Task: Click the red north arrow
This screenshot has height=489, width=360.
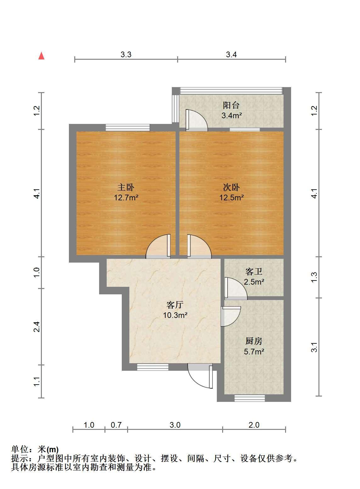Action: click(x=41, y=56)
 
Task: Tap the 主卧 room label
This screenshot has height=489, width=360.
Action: click(x=126, y=187)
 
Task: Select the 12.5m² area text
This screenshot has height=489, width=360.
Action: click(x=232, y=197)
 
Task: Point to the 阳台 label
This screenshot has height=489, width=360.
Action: click(x=231, y=105)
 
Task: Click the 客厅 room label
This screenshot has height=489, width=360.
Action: click(x=175, y=305)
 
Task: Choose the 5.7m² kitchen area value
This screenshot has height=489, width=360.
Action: click(x=254, y=352)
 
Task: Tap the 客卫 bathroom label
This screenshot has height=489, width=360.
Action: click(x=254, y=272)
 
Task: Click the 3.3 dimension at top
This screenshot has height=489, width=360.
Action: click(x=126, y=55)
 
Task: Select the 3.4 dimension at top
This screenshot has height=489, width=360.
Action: click(x=231, y=55)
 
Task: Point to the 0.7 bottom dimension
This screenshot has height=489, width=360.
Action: click(x=116, y=425)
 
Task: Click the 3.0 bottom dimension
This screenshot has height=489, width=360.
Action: click(x=175, y=425)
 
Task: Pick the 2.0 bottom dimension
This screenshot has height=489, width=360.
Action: click(x=254, y=425)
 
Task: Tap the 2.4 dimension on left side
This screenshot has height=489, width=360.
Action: click(x=37, y=327)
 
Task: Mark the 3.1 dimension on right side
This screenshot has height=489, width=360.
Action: click(x=314, y=347)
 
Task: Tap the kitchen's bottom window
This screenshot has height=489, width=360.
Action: click(x=250, y=398)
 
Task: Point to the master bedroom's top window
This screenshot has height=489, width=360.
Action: click(x=128, y=127)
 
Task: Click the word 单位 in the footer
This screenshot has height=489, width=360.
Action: click(x=20, y=449)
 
